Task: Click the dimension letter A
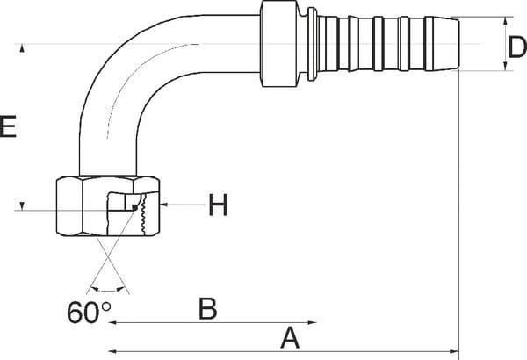[x=290, y=339]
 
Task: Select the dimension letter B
[x=207, y=308]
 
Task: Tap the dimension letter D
[x=517, y=47]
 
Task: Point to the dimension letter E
[x=8, y=126]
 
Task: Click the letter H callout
[x=218, y=205]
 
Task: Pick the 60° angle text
[x=89, y=313]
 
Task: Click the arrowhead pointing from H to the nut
[x=164, y=205]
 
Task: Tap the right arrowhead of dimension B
[x=312, y=323]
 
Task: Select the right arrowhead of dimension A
[x=454, y=351]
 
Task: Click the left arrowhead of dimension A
[x=113, y=351]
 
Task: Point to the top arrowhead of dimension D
[x=506, y=22]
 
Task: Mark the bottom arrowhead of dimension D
[x=506, y=66]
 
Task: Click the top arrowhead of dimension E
[x=22, y=48]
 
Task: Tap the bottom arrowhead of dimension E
[x=22, y=206]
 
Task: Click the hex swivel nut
[x=107, y=205]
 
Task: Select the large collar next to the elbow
[x=279, y=44]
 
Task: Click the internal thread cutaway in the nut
[x=143, y=212]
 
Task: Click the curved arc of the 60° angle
[x=107, y=291]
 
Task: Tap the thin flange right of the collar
[x=312, y=44]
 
